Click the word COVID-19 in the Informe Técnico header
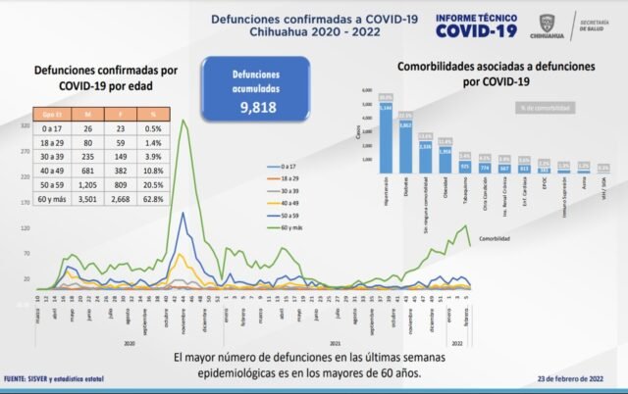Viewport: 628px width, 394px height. tap(474, 30)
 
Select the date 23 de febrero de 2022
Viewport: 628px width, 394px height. tap(569, 377)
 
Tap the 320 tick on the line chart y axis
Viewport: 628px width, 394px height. tap(24, 127)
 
